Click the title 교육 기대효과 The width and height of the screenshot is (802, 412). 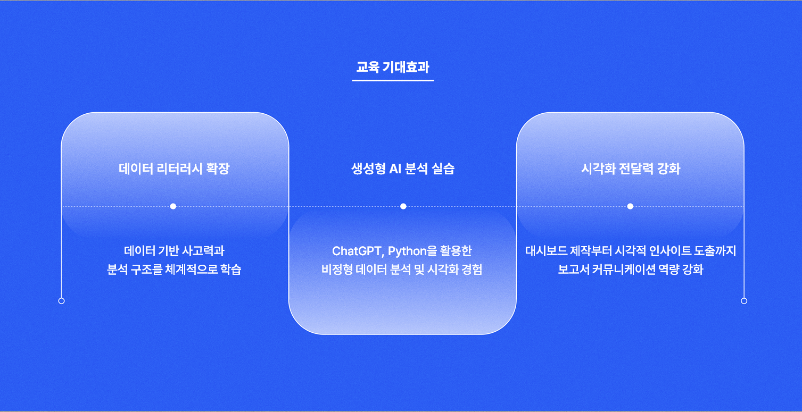click(393, 68)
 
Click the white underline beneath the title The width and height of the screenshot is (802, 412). click(393, 80)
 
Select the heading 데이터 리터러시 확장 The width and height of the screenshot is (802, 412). click(174, 169)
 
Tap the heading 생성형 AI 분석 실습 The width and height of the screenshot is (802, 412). click(403, 169)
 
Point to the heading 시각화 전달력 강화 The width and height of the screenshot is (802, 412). click(631, 169)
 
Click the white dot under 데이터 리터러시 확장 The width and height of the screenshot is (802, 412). click(173, 206)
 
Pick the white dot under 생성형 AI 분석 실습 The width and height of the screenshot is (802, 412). click(403, 206)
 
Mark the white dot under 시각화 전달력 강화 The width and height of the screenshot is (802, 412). click(630, 206)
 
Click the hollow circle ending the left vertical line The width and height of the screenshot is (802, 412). click(61, 301)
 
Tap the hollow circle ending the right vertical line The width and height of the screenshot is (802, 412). click(744, 301)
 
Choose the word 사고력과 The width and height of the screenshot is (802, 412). click(204, 251)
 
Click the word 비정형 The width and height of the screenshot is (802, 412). click(334, 270)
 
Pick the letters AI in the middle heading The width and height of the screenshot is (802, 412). click(395, 169)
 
